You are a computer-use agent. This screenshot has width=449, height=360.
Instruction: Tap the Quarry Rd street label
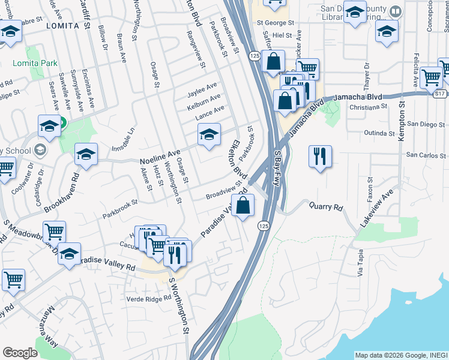(325, 208)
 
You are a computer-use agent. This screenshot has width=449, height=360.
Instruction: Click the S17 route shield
(440, 94)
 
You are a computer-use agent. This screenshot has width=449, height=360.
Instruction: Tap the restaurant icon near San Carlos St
(319, 157)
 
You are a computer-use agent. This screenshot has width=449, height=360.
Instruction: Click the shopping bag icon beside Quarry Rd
(243, 206)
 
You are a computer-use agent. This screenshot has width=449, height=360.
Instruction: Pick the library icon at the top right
(395, 11)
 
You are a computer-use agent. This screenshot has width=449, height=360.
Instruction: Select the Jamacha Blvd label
(358, 96)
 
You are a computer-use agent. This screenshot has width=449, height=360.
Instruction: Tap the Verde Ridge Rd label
(149, 298)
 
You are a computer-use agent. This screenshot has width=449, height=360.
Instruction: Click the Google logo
(20, 353)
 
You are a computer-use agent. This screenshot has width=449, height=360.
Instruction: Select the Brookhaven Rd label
(62, 193)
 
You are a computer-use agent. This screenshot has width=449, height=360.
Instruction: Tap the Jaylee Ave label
(202, 90)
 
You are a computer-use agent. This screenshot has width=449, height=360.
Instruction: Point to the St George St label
(275, 23)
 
